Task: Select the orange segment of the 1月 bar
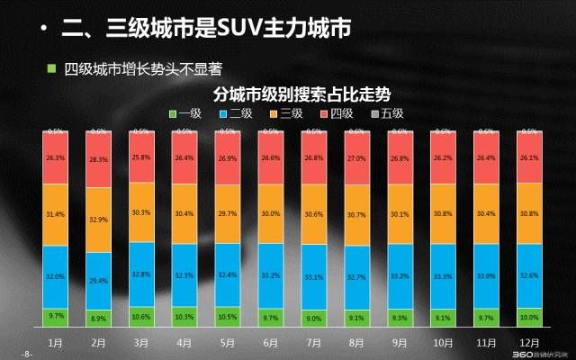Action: tap(55, 214)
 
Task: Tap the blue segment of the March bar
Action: tap(141, 274)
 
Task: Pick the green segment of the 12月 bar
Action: tap(529, 317)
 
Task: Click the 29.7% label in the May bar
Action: tap(228, 213)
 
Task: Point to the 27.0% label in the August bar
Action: tap(356, 157)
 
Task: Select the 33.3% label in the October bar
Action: tap(443, 276)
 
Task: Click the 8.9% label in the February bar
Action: tap(98, 319)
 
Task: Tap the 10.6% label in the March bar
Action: tap(141, 317)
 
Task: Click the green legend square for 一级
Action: tap(174, 113)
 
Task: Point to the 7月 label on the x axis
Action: tap(313, 342)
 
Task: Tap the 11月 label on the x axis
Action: tap(486, 342)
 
